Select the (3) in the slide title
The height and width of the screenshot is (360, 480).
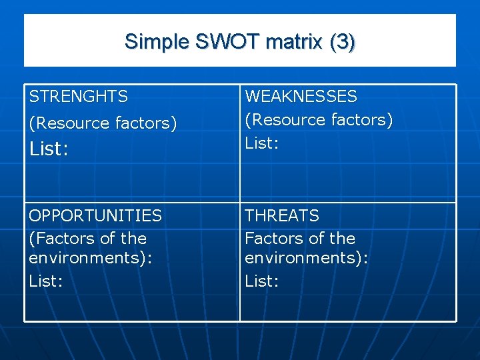click(341, 41)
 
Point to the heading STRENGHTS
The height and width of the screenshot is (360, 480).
click(78, 97)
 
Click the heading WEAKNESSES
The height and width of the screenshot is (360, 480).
click(301, 97)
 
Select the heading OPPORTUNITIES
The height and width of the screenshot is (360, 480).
click(95, 216)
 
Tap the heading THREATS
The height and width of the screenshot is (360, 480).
click(282, 216)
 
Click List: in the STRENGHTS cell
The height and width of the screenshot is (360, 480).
click(48, 149)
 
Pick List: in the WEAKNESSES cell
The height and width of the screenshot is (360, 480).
click(262, 143)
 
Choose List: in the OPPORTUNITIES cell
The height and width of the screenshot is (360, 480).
click(46, 281)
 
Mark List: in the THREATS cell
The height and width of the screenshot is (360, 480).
click(262, 281)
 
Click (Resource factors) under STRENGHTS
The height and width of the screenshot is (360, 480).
click(103, 123)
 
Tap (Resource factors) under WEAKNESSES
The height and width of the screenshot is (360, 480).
click(319, 120)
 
